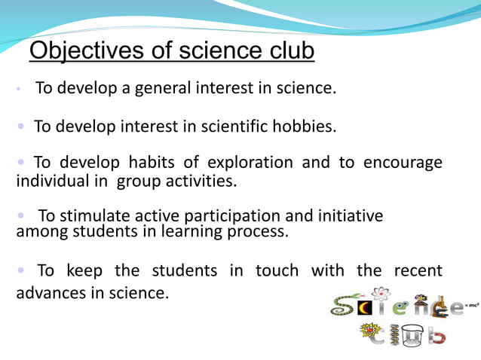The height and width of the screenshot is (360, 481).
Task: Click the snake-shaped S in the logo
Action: tap(343, 305)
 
